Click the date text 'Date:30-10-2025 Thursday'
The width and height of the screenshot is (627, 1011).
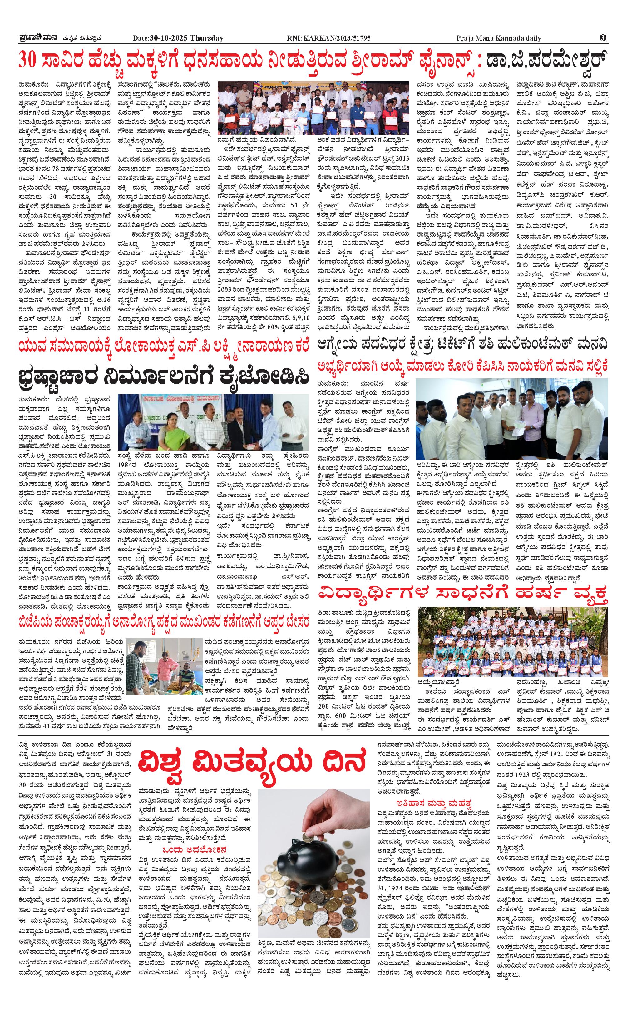click(x=178, y=38)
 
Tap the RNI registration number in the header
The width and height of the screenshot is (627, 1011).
click(x=329, y=38)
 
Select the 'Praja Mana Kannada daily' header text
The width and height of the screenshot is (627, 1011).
click(x=498, y=38)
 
